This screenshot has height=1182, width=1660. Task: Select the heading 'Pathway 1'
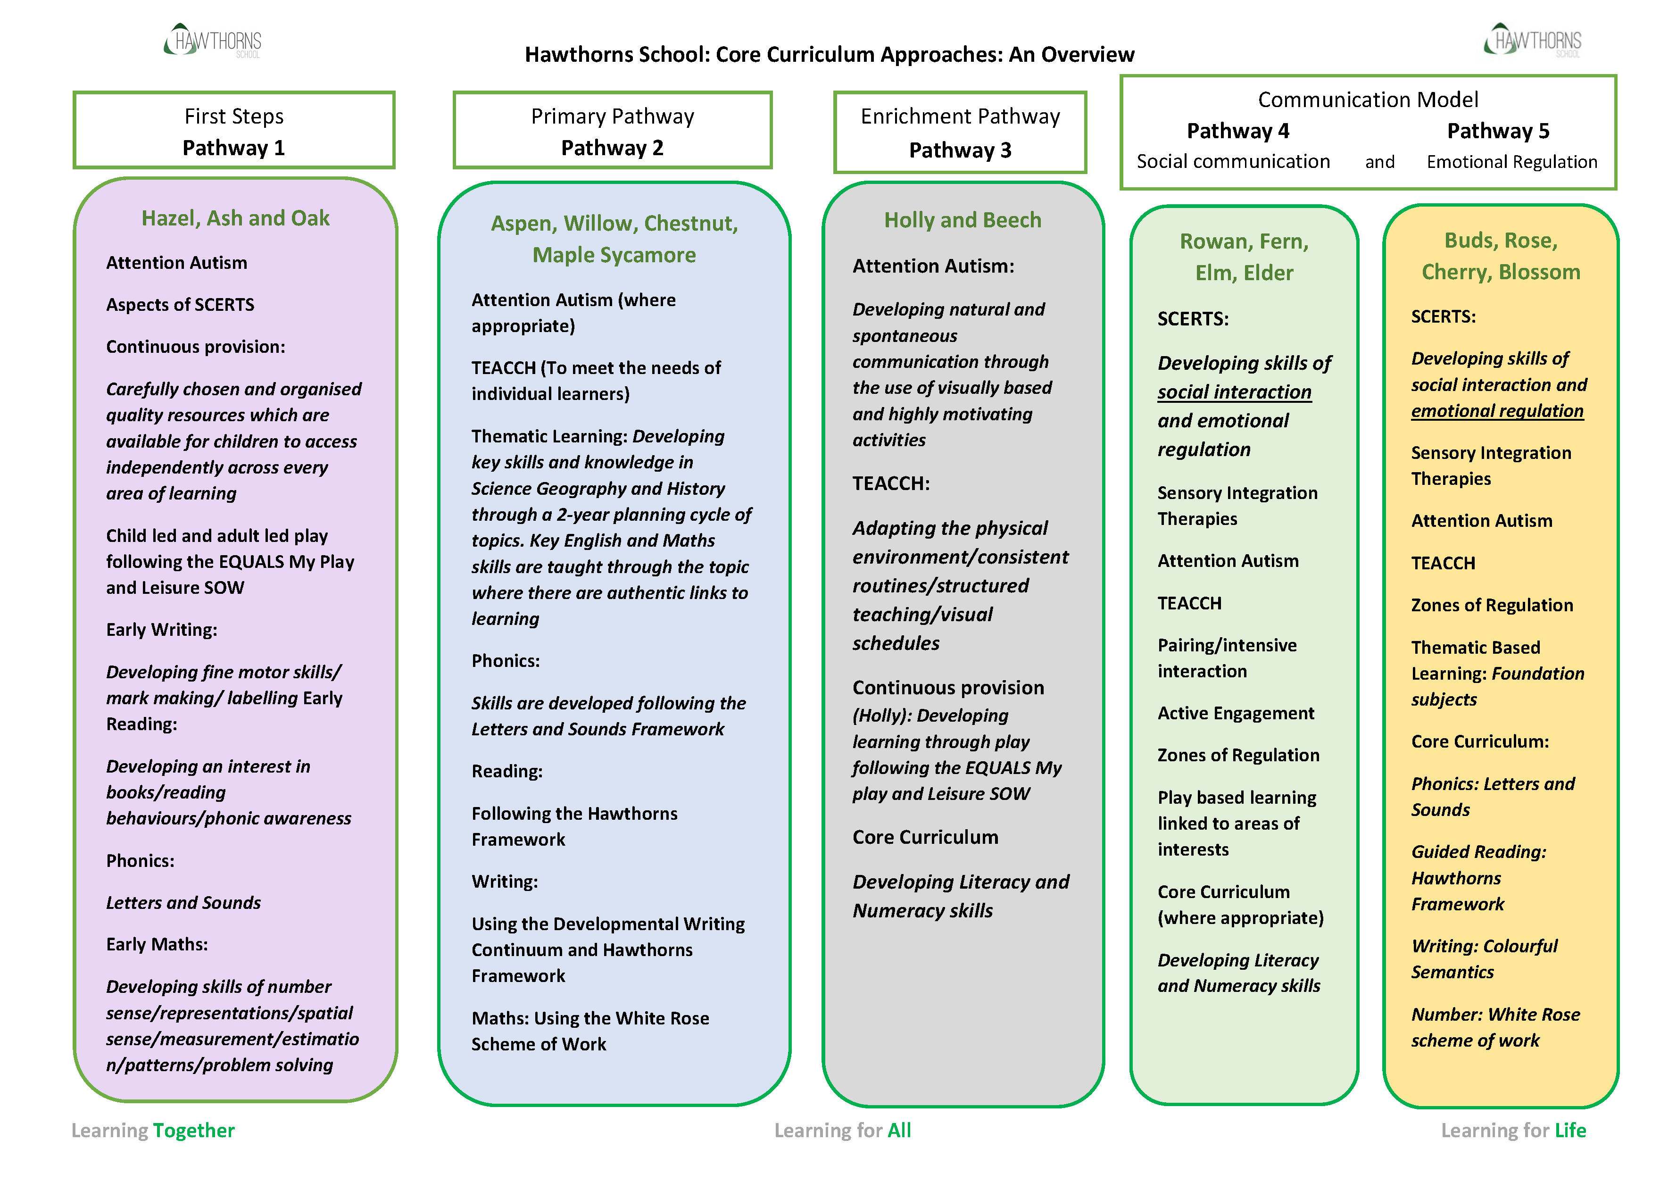(x=233, y=148)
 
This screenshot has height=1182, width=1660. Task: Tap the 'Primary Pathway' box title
(x=612, y=117)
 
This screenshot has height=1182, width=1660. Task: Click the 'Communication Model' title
(x=1368, y=100)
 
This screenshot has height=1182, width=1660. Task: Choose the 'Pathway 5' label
(x=1498, y=131)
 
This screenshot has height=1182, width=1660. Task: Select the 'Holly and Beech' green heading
(x=962, y=220)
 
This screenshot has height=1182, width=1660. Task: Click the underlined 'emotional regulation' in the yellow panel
(x=1497, y=411)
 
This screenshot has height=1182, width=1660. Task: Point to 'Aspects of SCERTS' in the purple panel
(x=180, y=304)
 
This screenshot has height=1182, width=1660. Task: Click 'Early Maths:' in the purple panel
(x=157, y=944)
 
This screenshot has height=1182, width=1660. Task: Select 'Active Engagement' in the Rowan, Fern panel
(x=1236, y=713)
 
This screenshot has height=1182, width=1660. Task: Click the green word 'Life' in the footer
(x=1570, y=1130)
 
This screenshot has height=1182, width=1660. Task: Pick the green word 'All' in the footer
(x=899, y=1130)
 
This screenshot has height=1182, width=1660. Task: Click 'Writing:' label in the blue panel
(x=504, y=882)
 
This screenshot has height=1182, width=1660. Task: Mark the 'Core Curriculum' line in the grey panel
(x=925, y=837)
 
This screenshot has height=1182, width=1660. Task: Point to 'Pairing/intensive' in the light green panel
(x=1227, y=646)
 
